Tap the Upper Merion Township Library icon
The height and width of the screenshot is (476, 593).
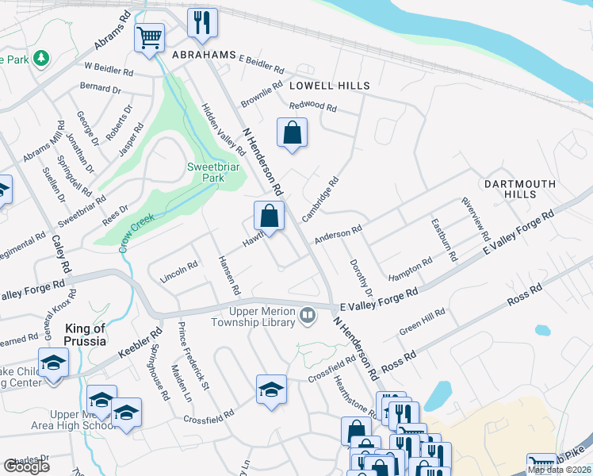(307, 317)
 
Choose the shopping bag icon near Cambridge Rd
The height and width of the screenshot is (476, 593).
(269, 215)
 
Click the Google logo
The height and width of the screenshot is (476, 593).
(27, 466)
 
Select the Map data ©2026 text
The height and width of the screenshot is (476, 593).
(559, 470)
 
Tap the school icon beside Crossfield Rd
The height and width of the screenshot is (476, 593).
(271, 390)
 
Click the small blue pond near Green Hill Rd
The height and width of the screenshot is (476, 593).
(542, 329)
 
